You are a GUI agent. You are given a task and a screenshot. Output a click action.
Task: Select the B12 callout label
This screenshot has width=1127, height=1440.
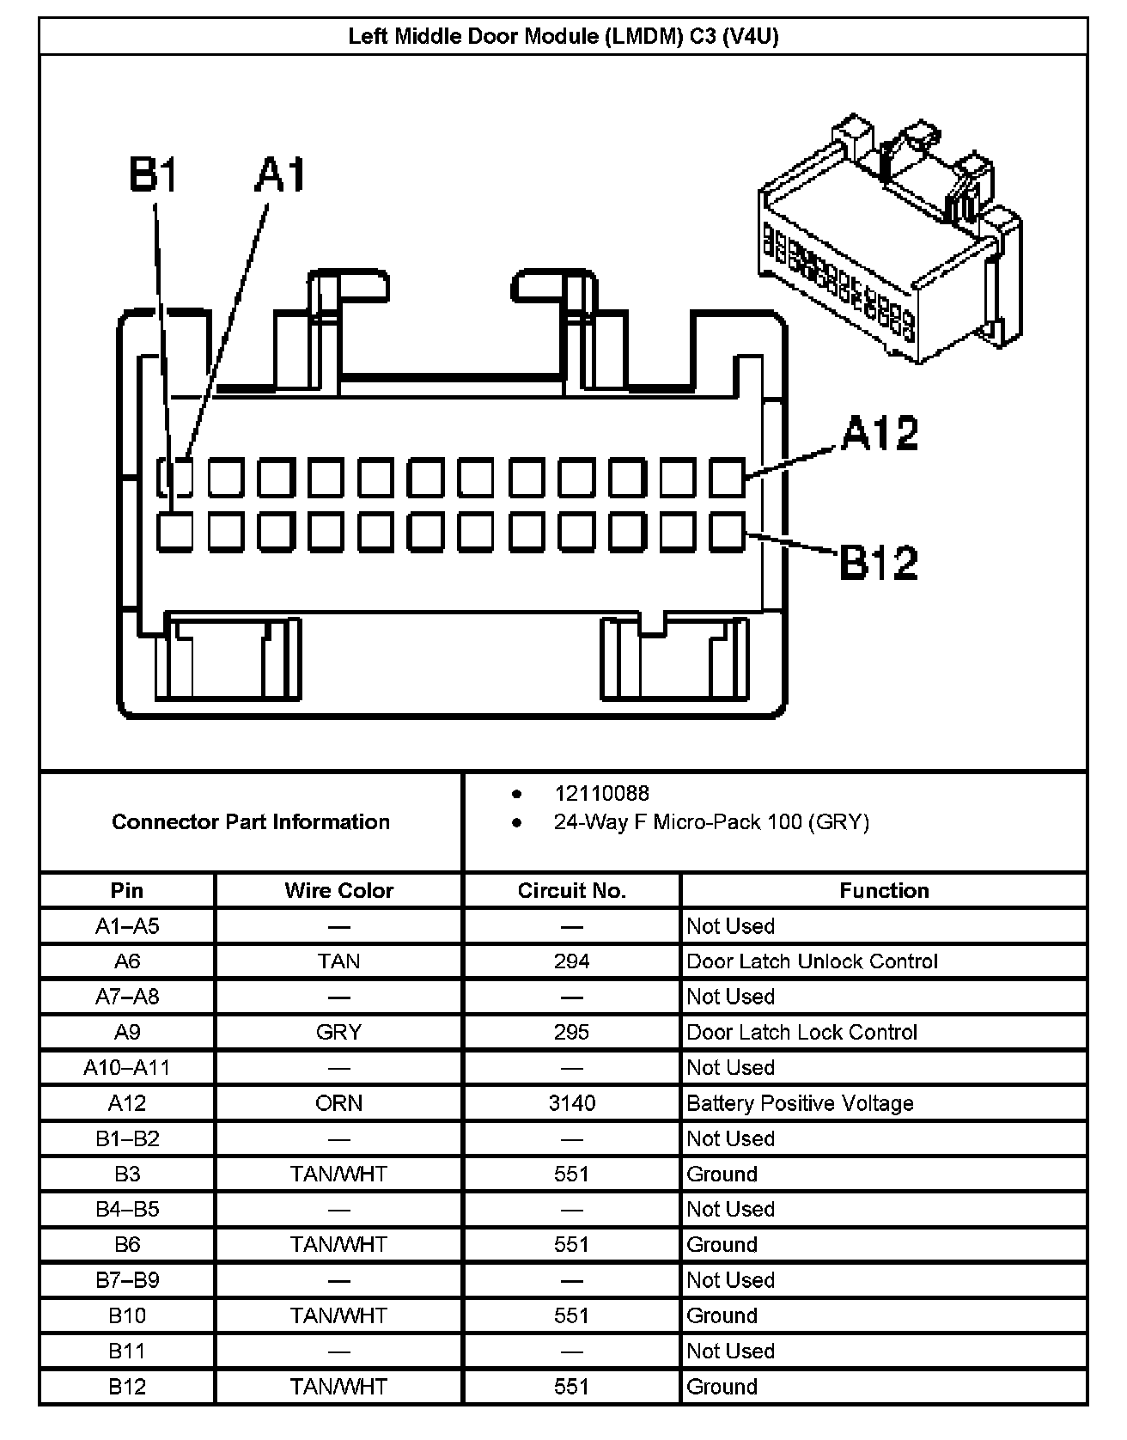point(878,562)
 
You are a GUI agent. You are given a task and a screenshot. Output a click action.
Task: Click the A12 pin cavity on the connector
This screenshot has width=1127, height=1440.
point(728,478)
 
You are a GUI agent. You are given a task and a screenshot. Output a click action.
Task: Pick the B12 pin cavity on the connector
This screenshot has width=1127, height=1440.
point(728,532)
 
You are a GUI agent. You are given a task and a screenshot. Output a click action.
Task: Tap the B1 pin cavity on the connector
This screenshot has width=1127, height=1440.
point(175,532)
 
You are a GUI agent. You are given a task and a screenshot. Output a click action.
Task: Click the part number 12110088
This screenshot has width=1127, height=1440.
point(601,793)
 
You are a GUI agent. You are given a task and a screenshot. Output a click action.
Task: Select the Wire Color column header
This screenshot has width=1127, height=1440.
point(338,890)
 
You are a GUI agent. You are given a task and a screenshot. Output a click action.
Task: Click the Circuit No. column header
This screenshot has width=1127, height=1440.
point(571,890)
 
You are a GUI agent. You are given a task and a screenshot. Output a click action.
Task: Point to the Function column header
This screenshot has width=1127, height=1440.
point(884,890)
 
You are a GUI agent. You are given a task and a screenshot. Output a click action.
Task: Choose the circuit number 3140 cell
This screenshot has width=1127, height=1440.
point(571,1103)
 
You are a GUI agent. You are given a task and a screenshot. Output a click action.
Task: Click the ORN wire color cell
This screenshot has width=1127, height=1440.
point(338,1103)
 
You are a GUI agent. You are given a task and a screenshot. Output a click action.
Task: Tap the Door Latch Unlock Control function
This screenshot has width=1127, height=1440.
point(812,961)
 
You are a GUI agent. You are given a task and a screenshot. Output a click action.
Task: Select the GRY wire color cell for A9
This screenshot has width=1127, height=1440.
point(338,1032)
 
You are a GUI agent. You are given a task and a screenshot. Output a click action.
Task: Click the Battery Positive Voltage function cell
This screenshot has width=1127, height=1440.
point(800,1103)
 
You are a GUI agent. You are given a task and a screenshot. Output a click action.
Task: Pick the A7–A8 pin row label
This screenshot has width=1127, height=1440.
point(127,997)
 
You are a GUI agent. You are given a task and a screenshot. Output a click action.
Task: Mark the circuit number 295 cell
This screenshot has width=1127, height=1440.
point(571,1032)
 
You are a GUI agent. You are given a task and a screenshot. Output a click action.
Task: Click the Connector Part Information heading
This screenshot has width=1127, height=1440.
point(251,822)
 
